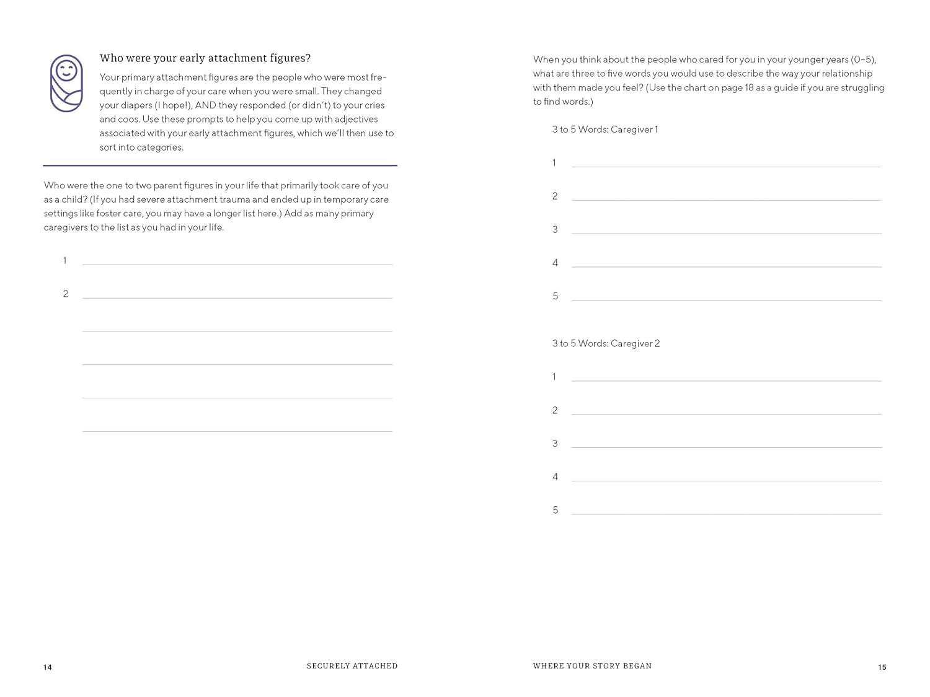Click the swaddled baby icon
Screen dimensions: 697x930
coord(66,84)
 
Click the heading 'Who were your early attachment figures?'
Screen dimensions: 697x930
coord(205,58)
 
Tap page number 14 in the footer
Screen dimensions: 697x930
coord(48,667)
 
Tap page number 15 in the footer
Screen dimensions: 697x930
coord(882,667)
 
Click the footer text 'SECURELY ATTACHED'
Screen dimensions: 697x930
coord(352,666)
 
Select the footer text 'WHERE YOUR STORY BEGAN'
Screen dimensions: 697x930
coord(592,666)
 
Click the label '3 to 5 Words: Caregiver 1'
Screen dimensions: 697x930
coord(605,129)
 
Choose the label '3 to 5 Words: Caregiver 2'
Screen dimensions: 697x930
coord(606,343)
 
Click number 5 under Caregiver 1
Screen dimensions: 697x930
coord(556,297)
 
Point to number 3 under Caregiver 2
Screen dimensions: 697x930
coord(555,444)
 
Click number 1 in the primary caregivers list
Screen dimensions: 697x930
coord(64,261)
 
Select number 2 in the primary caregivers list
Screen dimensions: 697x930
coord(66,294)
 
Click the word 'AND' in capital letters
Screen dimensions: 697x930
coord(205,105)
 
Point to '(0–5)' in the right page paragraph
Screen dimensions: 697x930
coord(863,59)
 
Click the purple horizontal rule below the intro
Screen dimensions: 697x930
coord(220,165)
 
